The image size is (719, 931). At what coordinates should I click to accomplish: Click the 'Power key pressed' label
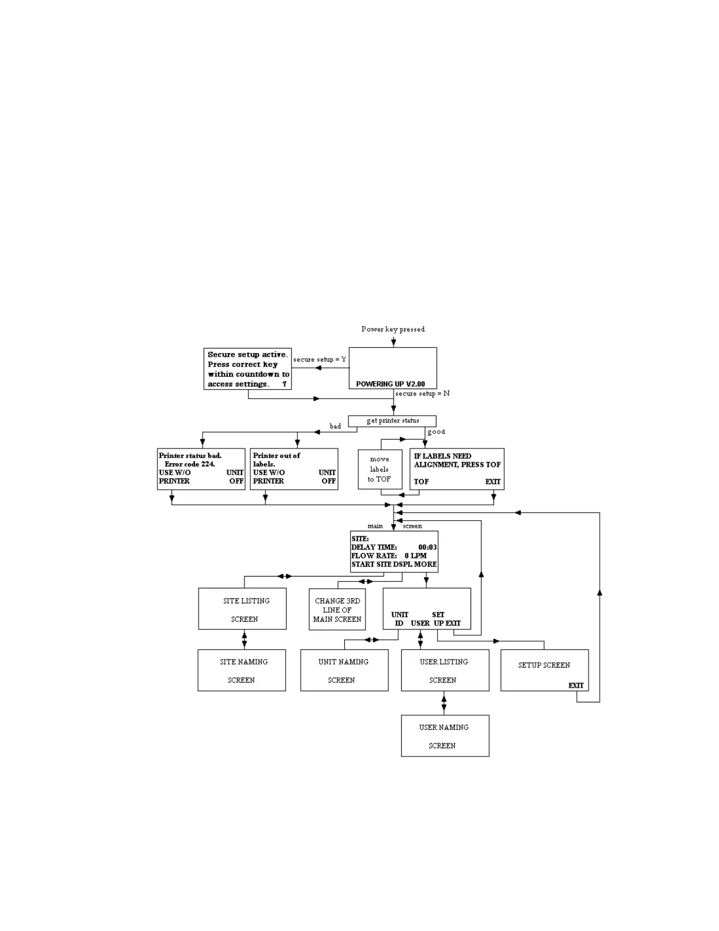coord(392,329)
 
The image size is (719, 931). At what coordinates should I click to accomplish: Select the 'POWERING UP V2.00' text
coord(390,384)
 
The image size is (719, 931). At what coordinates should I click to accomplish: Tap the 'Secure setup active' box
coord(247,369)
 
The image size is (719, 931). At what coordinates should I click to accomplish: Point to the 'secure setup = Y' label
coord(320,359)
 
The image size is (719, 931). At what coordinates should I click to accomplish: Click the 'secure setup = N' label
coord(422,393)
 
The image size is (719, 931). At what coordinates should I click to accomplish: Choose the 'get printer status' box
coord(392,421)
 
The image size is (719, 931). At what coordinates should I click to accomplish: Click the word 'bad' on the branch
coord(335,426)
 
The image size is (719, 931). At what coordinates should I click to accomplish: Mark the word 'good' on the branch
coord(436,431)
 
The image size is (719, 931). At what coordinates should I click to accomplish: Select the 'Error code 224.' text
coord(190,464)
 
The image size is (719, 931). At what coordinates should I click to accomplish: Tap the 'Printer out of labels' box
coord(294,469)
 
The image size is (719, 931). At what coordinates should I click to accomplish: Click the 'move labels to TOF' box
coord(379,469)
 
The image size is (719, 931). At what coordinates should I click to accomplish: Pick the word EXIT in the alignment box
coord(493,481)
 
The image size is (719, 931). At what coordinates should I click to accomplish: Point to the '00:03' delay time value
coord(427,547)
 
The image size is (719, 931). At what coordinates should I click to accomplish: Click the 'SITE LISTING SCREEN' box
coord(243,609)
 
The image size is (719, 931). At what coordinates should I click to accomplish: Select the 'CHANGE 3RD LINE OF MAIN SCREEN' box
coord(337,609)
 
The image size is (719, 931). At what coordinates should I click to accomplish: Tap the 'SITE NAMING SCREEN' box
coord(242,670)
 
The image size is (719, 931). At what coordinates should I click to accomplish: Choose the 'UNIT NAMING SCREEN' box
coord(344,670)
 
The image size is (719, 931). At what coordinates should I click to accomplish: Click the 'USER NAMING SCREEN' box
coord(445,736)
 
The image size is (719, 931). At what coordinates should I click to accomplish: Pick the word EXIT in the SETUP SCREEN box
coord(576,685)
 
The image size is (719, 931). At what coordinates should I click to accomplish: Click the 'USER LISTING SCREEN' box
coord(445,670)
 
